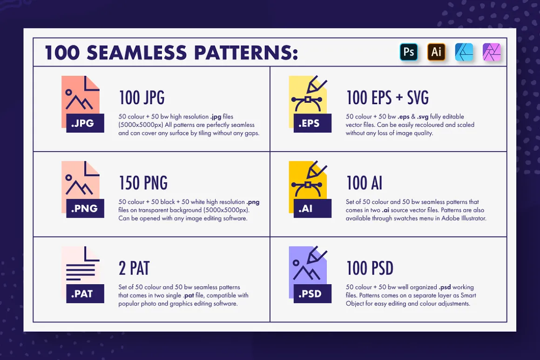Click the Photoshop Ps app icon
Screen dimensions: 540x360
[409, 52]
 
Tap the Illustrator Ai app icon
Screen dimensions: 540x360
[436, 52]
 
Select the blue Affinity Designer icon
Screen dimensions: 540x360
[464, 52]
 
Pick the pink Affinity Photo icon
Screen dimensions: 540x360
[492, 52]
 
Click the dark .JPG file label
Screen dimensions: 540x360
[85, 123]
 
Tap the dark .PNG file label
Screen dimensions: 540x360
[85, 208]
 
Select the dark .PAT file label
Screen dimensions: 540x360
[85, 293]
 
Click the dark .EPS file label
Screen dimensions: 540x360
[312, 123]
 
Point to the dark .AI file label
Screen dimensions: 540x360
[312, 208]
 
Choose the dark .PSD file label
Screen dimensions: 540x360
[312, 293]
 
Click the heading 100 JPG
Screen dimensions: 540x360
[142, 98]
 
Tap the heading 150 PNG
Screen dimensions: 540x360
[143, 183]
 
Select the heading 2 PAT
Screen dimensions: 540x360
[134, 268]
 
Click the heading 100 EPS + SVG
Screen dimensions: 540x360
[387, 98]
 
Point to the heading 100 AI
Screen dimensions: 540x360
[364, 183]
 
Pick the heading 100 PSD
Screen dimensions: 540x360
[370, 268]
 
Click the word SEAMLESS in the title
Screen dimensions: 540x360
[136, 53]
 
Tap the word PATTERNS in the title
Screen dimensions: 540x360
[246, 53]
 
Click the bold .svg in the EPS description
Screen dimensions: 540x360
[423, 117]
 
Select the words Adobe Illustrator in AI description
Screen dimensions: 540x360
[464, 218]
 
